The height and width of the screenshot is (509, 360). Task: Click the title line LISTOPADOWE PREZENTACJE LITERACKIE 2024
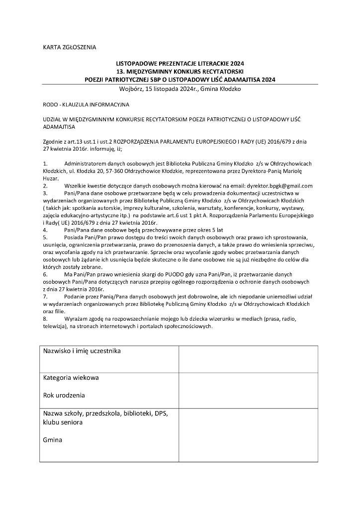(x=180, y=64)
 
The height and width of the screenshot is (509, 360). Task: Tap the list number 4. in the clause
(x=45, y=230)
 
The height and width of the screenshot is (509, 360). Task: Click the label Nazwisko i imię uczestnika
(x=82, y=351)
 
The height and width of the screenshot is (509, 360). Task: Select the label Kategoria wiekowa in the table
(x=71, y=378)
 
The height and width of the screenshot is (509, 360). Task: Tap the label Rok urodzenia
(x=64, y=396)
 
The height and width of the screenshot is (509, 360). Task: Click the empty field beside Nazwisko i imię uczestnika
(x=248, y=359)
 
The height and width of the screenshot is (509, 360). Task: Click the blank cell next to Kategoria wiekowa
(x=248, y=390)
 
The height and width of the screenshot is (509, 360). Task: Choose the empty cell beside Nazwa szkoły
(x=248, y=435)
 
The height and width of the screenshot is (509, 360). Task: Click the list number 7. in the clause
(x=45, y=297)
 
